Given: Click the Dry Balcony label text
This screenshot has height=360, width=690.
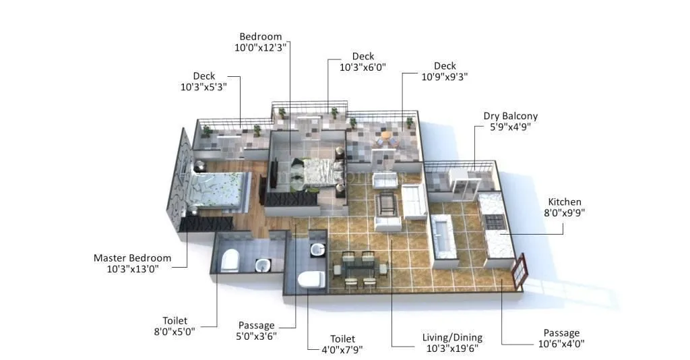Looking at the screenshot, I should click(x=510, y=116).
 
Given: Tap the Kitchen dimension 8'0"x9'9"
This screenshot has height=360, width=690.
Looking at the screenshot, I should click(x=564, y=213).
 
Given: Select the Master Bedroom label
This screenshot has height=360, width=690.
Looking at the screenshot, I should click(x=132, y=258).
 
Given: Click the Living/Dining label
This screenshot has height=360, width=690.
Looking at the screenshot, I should click(x=452, y=338).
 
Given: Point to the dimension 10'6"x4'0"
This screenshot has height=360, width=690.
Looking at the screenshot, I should click(x=561, y=344).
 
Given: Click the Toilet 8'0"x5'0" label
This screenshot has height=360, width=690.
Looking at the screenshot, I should click(x=175, y=332).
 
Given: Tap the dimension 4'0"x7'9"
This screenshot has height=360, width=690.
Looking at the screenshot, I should click(x=342, y=349).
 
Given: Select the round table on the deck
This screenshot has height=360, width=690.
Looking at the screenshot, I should click(x=385, y=135).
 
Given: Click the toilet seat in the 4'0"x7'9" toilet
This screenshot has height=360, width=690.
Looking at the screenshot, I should click(x=311, y=278).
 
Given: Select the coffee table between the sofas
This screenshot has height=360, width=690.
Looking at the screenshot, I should click(x=387, y=203).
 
